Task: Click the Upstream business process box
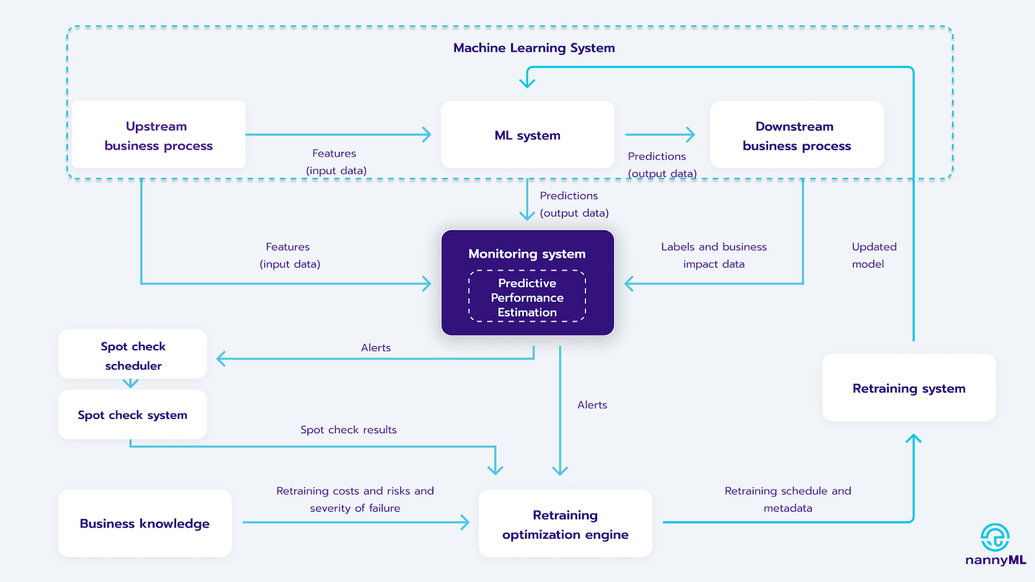(x=158, y=135)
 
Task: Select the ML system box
(x=527, y=135)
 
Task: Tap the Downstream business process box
(x=796, y=135)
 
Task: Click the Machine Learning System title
(x=534, y=48)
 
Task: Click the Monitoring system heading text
(x=527, y=253)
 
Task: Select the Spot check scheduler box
(x=133, y=354)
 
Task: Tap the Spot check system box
(x=133, y=415)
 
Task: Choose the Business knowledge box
(x=145, y=523)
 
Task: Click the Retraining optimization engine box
(x=565, y=523)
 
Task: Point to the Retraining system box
(x=909, y=387)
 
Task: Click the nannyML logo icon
(x=995, y=537)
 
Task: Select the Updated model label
(x=874, y=255)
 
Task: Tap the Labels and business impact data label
(x=714, y=255)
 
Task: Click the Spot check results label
(x=349, y=429)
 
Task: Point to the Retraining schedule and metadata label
(x=788, y=499)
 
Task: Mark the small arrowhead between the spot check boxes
(x=130, y=383)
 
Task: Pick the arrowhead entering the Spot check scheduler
(x=221, y=358)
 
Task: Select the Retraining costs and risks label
(x=355, y=499)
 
